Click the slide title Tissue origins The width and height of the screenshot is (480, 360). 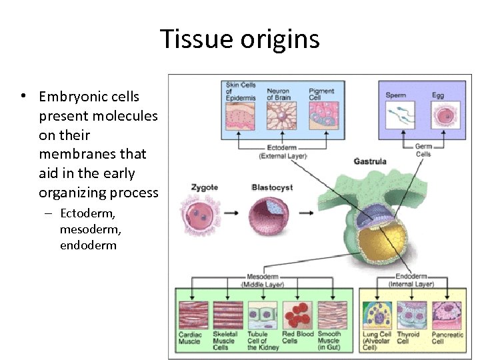(240, 39)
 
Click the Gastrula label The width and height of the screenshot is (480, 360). (370, 161)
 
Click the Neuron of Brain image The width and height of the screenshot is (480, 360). (280, 116)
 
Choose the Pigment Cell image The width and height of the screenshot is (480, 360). (322, 116)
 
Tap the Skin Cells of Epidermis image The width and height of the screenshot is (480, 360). (241, 116)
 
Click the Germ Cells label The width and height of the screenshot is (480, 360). (423, 151)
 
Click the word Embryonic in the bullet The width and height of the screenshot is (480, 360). (69, 97)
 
